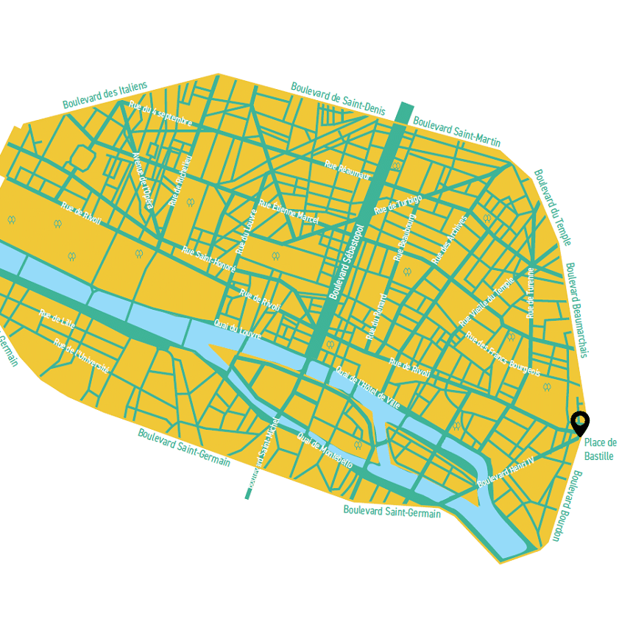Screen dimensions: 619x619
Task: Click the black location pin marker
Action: pyautogui.click(x=580, y=422)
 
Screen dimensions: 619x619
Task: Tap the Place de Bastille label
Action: pyautogui.click(x=600, y=449)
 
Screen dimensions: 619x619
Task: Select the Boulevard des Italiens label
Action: pyautogui.click(x=105, y=95)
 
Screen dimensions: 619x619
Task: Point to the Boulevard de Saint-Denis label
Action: pyautogui.click(x=338, y=98)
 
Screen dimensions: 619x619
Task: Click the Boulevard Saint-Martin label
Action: pyautogui.click(x=456, y=131)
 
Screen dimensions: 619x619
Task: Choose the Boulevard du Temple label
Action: pyautogui.click(x=552, y=207)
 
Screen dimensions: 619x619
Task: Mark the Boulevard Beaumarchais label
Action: pyautogui.click(x=576, y=310)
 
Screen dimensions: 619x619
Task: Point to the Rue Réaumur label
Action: pyautogui.click(x=347, y=170)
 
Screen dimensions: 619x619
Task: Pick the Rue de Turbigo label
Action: pyautogui.click(x=397, y=205)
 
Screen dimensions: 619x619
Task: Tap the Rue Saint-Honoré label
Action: pyautogui.click(x=208, y=259)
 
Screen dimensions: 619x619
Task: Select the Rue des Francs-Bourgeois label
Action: pyautogui.click(x=502, y=354)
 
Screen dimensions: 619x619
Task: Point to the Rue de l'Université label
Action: pyautogui.click(x=81, y=356)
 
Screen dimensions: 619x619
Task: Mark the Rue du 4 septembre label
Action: pyautogui.click(x=160, y=113)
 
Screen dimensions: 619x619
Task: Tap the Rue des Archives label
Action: pyautogui.click(x=449, y=240)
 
